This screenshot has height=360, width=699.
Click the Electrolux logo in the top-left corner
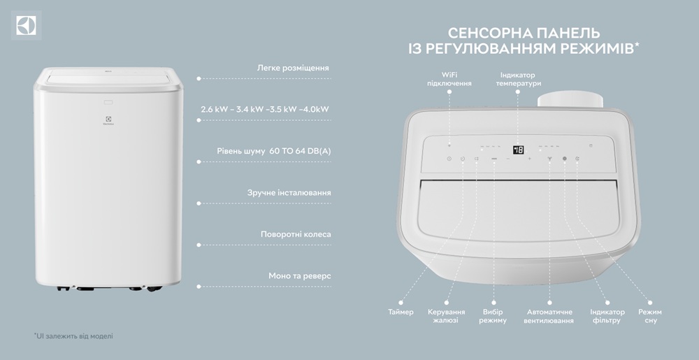(27, 25)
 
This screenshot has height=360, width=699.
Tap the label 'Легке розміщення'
(293, 69)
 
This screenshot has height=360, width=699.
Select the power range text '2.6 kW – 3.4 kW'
(232, 109)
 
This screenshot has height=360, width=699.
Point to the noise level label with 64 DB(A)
(274, 151)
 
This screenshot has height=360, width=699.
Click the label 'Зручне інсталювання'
(289, 193)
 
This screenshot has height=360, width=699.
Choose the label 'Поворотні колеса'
(296, 234)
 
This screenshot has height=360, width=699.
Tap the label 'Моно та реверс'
(300, 276)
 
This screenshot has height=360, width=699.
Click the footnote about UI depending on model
(73, 336)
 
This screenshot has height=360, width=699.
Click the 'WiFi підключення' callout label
(449, 79)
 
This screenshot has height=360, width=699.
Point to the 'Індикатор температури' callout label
(518, 79)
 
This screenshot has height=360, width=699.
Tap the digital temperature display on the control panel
(518, 150)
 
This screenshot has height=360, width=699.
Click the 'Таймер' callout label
(401, 312)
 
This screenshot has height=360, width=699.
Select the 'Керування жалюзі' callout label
(446, 317)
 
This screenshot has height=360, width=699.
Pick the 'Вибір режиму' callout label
(493, 317)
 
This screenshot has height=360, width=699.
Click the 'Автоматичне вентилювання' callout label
(549, 317)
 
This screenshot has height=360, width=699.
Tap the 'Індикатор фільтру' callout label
(607, 317)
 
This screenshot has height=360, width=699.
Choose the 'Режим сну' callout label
(650, 317)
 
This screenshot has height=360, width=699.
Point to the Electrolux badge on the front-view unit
(108, 121)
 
